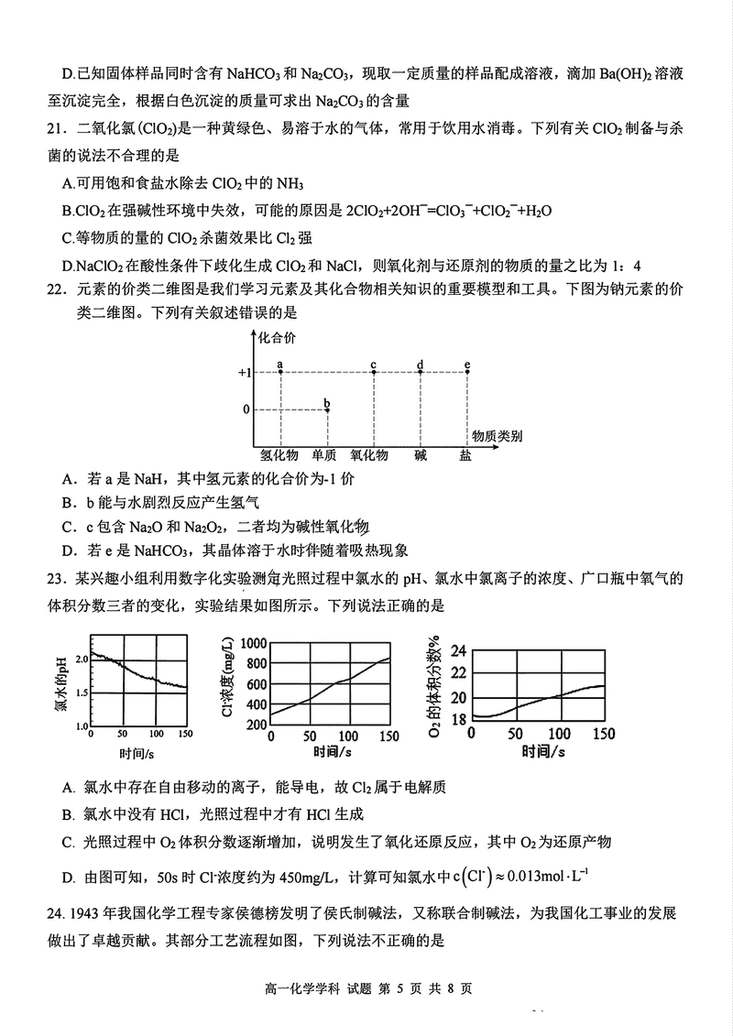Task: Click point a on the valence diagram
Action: point(279,372)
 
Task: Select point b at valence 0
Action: point(327,409)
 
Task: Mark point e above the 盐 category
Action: point(467,372)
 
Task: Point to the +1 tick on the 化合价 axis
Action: point(244,373)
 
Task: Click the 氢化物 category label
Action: point(278,455)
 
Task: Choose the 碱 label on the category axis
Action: point(420,455)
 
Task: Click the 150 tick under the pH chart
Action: point(187,735)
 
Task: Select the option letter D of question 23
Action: point(67,878)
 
